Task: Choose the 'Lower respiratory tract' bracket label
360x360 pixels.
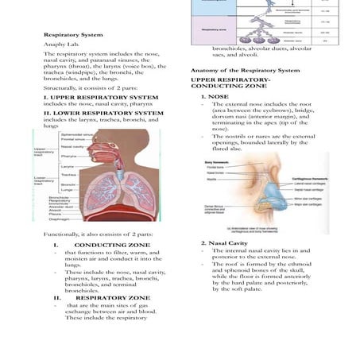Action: [45, 180]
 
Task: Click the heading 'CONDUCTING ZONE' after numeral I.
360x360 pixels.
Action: [117, 245]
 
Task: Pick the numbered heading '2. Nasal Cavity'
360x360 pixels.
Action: [225, 242]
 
